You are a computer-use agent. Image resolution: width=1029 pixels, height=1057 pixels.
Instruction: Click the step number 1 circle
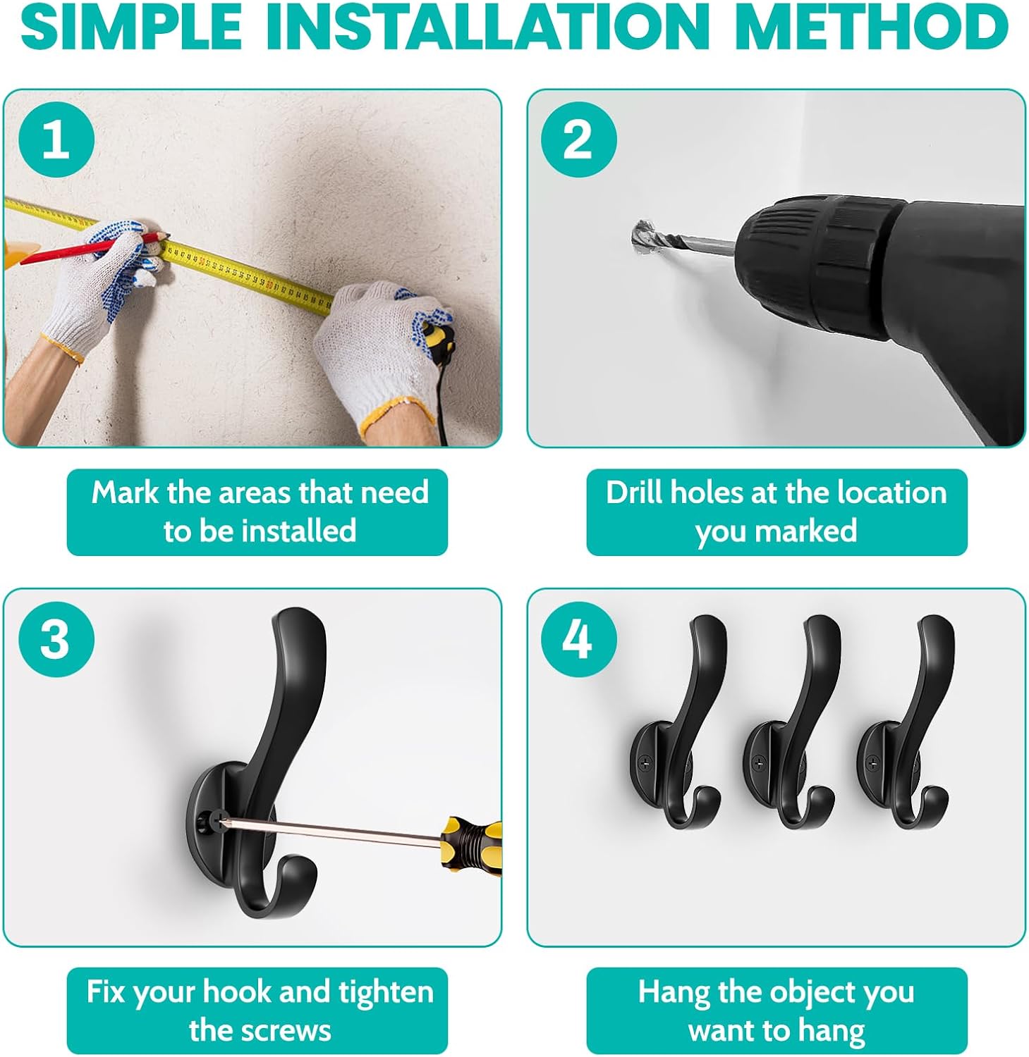[56, 140]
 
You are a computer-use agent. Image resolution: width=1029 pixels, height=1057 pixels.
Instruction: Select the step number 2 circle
[578, 140]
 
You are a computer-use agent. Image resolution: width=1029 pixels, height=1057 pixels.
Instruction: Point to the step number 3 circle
[56, 639]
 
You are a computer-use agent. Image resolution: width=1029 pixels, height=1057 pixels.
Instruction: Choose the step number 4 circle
[578, 639]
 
